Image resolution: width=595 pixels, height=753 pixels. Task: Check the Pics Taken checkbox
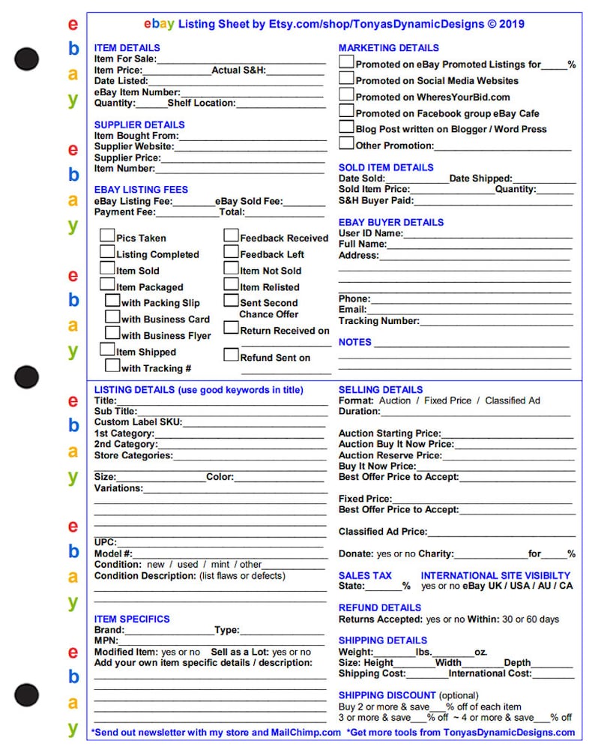(107, 235)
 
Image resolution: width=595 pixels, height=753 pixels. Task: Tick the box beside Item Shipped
(107, 349)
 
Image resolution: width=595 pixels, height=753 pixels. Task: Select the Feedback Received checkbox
(231, 235)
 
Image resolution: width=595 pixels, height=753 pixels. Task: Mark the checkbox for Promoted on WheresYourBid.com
(346, 94)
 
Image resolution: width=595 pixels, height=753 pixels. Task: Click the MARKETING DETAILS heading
(388, 48)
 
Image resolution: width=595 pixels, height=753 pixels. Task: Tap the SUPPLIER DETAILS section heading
(139, 124)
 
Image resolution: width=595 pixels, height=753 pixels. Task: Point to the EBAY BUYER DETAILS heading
(391, 222)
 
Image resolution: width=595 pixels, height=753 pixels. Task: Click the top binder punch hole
(26, 58)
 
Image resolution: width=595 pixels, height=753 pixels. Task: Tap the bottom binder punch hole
(26, 694)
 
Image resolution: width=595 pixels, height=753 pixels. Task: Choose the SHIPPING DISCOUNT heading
(387, 695)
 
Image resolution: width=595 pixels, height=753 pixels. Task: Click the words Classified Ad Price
(382, 532)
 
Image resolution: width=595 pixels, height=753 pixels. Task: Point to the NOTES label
(355, 342)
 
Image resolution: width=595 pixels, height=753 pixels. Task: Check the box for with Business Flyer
(112, 333)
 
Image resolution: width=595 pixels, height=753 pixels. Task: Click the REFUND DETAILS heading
(380, 607)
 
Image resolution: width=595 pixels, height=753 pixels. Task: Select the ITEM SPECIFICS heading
(132, 619)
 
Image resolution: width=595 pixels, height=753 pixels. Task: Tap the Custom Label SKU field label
(138, 422)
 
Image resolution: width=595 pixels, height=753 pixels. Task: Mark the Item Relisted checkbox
(231, 285)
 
